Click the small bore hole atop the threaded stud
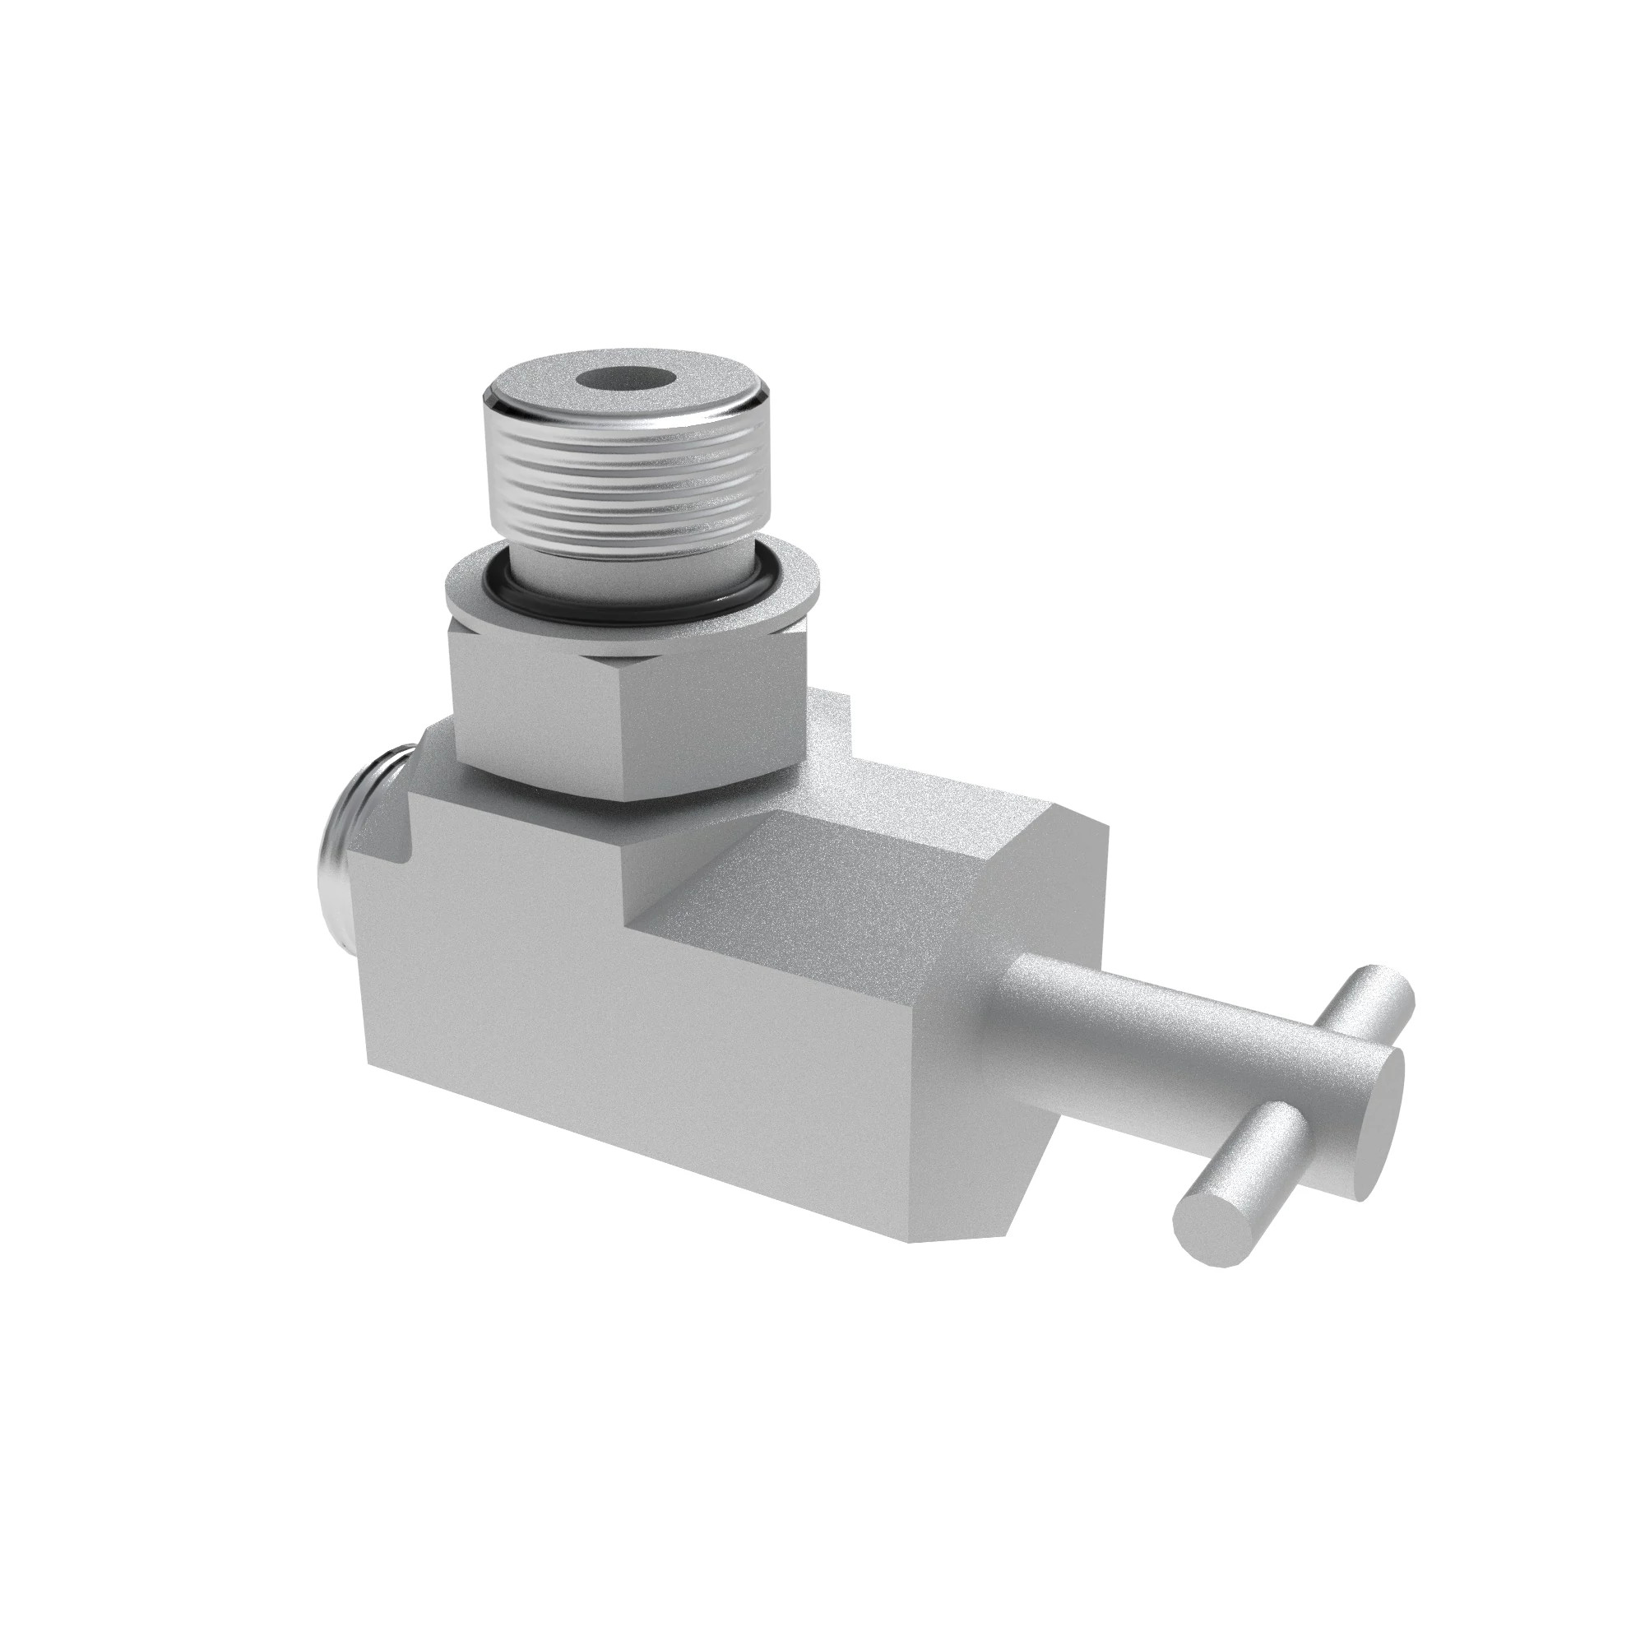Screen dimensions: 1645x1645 628,380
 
